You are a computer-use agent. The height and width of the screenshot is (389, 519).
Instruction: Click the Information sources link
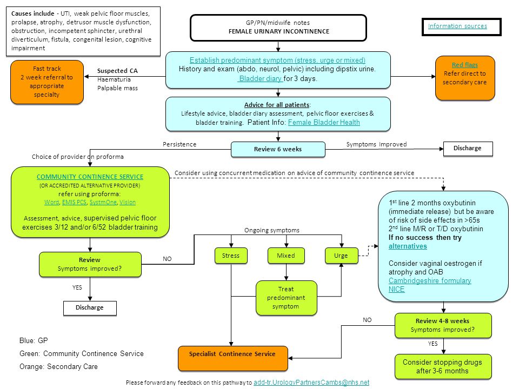pos(457,26)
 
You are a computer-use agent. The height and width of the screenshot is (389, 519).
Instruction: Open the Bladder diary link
pos(261,79)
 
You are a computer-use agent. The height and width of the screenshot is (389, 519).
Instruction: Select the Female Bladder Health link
pos(324,123)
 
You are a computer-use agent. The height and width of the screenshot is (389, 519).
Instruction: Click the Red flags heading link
pos(465,65)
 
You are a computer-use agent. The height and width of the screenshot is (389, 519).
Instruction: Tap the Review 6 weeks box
pos(278,149)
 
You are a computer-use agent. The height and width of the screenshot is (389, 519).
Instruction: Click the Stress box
pos(231,256)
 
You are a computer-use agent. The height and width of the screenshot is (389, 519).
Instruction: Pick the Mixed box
pos(286,256)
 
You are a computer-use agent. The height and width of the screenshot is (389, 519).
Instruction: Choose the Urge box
pos(341,256)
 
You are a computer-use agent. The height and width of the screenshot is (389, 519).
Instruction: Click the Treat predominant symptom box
pos(287,298)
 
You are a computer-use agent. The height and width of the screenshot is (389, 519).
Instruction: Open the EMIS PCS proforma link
pos(74,202)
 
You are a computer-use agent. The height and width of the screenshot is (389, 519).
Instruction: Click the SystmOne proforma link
pos(103,202)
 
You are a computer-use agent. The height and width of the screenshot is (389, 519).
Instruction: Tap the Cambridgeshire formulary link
pos(430,281)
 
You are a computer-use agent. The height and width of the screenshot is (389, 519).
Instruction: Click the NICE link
pos(396,290)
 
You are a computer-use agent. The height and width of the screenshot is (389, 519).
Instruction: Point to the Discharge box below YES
pos(90,308)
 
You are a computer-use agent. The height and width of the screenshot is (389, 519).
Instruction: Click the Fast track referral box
pos(47,82)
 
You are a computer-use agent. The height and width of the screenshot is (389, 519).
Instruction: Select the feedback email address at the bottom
pos(311,383)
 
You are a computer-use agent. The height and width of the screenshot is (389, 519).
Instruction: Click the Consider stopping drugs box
pos(443,366)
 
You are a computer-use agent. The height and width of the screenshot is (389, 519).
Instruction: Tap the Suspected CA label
pos(117,71)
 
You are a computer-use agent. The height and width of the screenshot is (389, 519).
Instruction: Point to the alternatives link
pos(408,246)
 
